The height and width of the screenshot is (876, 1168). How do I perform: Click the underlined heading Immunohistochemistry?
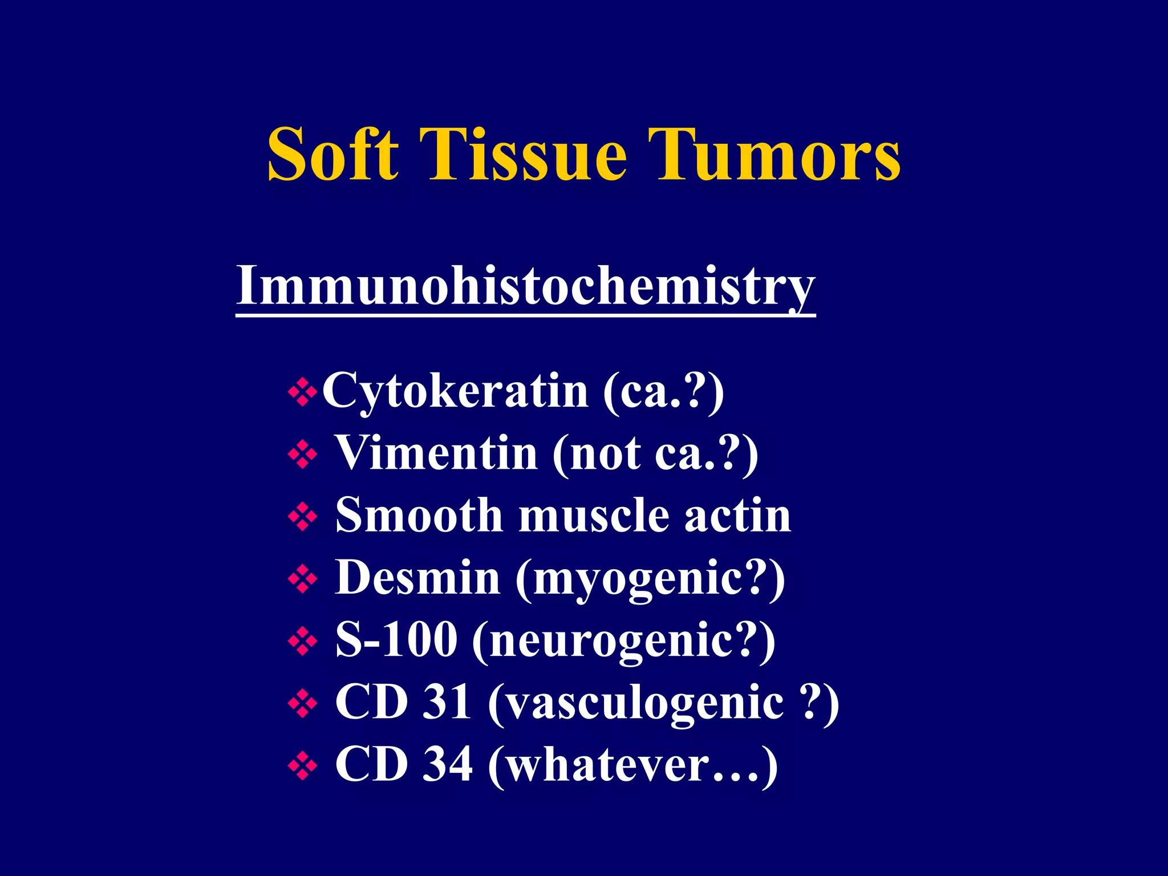[525, 285]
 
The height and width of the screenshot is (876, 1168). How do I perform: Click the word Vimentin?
[436, 453]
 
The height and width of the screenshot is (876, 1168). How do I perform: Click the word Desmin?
[417, 577]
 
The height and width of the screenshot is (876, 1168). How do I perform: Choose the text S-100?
[396, 639]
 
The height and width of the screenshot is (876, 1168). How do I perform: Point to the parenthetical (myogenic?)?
[650, 578]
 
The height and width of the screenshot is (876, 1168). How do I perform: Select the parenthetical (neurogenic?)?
[624, 640]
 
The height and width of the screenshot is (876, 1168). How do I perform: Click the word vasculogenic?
[644, 703]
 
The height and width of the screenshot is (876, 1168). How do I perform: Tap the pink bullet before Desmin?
[303, 579]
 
